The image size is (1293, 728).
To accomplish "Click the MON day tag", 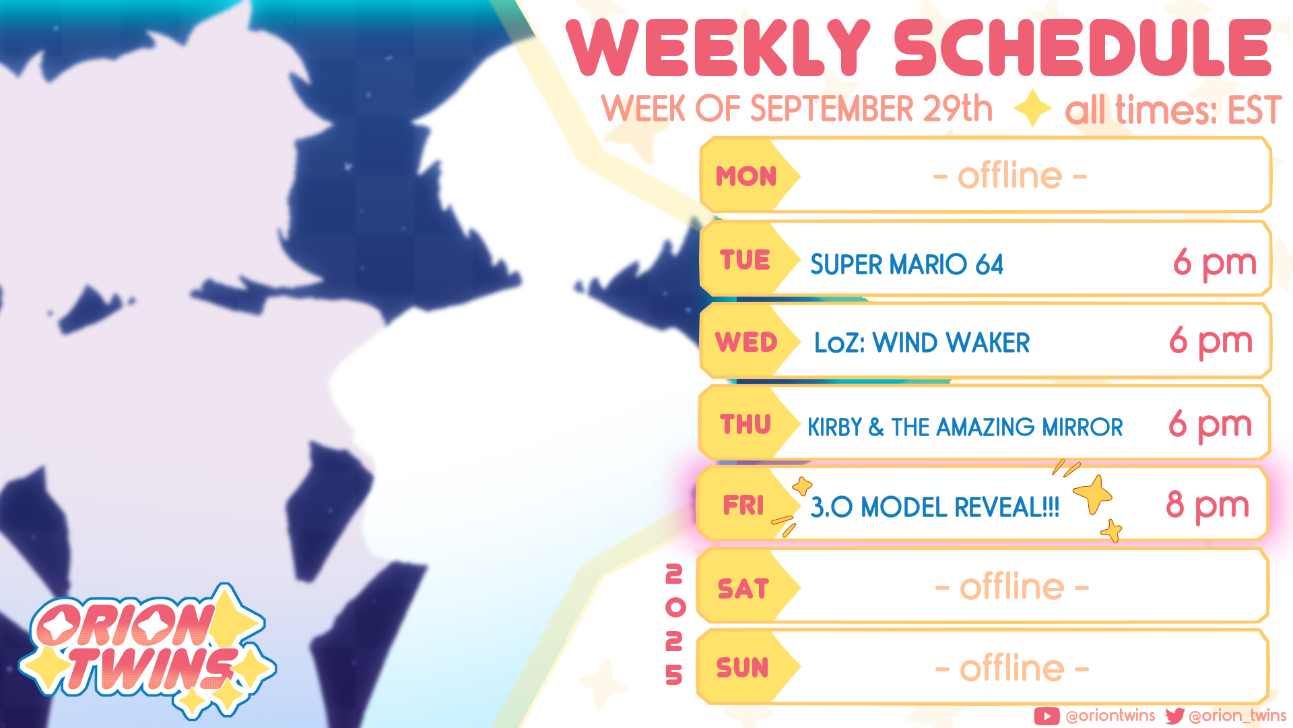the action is [746, 176].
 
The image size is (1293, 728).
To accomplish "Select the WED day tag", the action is [746, 342].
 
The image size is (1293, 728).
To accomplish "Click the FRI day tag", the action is [744, 505].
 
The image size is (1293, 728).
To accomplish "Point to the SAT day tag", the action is [744, 588].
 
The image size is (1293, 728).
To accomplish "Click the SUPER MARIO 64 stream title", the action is [906, 264].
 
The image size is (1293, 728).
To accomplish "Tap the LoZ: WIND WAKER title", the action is [922, 342].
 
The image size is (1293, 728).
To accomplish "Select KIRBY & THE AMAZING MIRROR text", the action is [965, 427].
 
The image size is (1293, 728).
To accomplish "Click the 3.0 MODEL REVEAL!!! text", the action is [935, 507].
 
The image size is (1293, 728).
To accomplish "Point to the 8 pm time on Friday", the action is [1207, 506].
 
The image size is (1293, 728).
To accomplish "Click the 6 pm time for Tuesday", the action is [1215, 263].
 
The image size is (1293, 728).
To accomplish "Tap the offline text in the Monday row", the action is [1010, 176].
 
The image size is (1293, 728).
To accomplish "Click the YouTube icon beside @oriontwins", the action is [1047, 716].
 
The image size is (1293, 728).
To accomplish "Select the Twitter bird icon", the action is [1175, 716].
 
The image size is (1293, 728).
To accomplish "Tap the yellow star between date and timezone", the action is [1032, 109].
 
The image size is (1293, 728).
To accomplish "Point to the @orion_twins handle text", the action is [1238, 715].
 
